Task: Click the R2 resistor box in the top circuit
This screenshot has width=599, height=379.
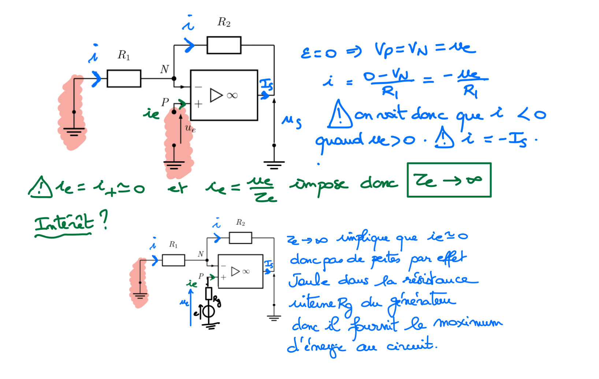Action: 224,45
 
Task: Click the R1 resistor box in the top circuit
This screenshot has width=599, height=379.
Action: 124,78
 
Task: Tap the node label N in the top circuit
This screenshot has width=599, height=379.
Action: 164,69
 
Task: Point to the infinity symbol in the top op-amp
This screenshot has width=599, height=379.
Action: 232,96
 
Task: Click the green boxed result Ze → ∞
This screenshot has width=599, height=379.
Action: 449,180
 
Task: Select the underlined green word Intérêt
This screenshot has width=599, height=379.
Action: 64,223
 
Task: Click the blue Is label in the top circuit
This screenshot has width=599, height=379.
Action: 266,85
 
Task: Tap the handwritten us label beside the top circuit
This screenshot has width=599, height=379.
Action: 291,122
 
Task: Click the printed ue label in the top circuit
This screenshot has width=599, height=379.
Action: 190,128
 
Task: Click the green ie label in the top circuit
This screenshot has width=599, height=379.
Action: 151,113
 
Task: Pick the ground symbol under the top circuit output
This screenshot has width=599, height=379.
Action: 274,165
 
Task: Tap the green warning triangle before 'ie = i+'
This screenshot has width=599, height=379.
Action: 40,188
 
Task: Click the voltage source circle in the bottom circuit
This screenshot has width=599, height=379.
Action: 209,312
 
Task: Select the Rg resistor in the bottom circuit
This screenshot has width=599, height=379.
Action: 209,294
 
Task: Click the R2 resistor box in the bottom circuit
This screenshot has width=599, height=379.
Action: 240,238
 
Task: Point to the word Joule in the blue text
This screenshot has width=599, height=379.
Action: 308,281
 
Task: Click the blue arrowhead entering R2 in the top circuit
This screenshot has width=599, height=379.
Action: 190,45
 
